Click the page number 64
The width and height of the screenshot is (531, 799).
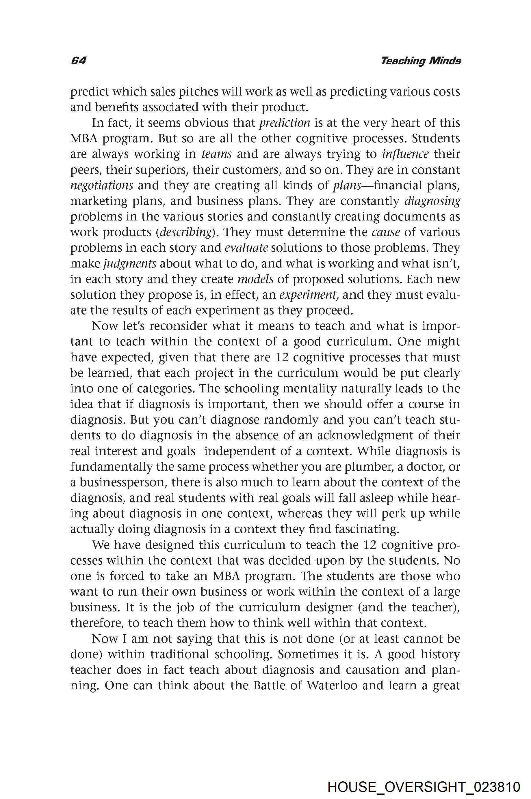click(79, 61)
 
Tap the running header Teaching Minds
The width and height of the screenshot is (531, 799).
click(421, 61)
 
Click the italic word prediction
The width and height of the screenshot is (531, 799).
click(285, 123)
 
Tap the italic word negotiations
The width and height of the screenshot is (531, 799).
click(102, 185)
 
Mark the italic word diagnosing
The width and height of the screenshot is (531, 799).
click(432, 201)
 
